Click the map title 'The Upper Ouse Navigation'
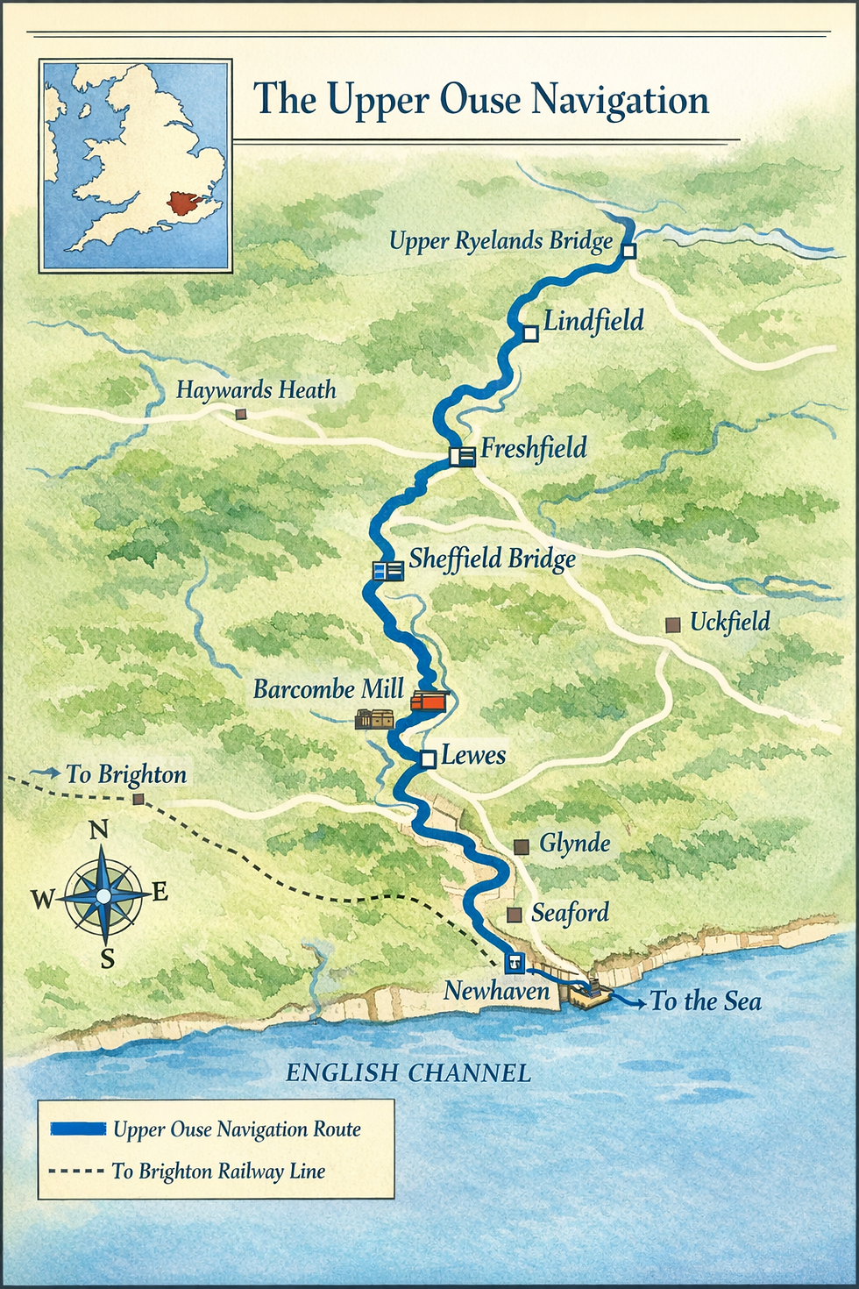[480, 99]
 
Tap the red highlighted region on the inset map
[185, 204]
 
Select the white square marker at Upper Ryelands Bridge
[628, 251]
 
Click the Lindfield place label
[593, 321]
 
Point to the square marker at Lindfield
[530, 333]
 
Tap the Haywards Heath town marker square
[241, 414]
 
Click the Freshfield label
[534, 449]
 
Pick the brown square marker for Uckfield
[673, 624]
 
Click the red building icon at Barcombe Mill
[429, 700]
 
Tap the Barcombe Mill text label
[329, 689]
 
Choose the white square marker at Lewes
[429, 759]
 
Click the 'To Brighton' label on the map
[126, 774]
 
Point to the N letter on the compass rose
[99, 830]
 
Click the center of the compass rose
[103, 895]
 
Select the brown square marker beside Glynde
[521, 846]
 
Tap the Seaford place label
[570, 913]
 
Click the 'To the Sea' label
[706, 1001]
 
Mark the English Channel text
[408, 1072]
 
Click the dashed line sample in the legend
[76, 1171]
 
